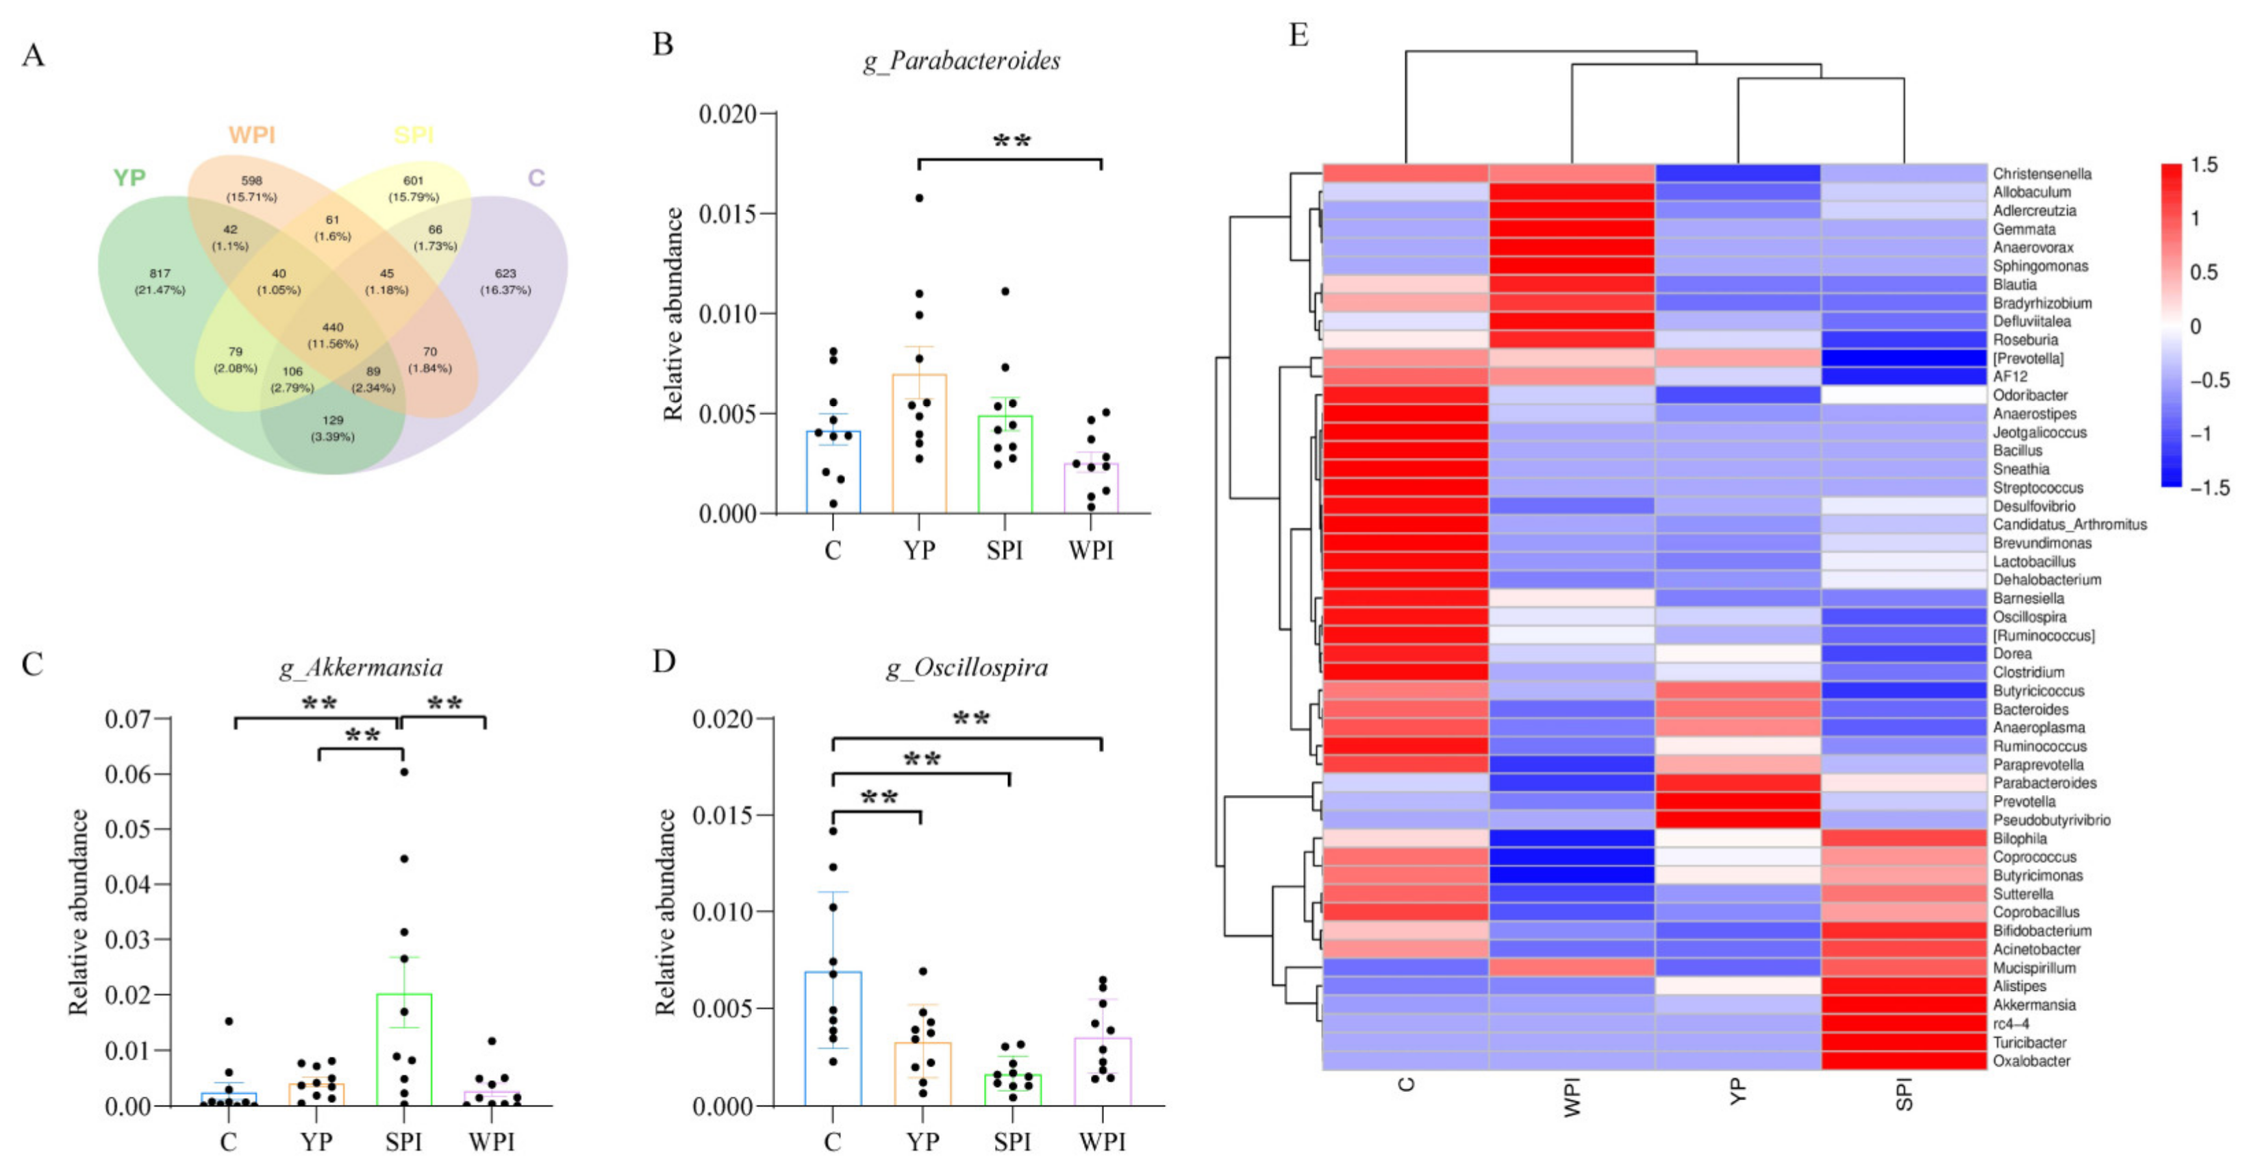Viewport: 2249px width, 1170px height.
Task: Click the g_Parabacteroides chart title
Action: pos(962,60)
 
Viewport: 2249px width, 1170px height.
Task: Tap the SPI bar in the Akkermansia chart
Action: pos(403,1049)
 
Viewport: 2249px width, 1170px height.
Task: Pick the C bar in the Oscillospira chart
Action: pos(833,1038)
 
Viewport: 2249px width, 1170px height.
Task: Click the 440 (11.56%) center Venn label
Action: pos(333,335)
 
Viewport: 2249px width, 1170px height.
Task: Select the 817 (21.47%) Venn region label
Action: pos(160,281)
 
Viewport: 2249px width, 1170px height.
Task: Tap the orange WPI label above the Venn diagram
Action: pos(251,134)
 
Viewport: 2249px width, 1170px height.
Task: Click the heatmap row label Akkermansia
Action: pos(2034,1004)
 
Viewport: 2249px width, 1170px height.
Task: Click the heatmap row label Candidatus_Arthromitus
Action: pos(2069,524)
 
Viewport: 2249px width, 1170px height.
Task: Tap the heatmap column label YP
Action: pos(1737,1091)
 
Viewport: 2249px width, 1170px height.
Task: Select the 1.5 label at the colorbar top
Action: pos(2204,165)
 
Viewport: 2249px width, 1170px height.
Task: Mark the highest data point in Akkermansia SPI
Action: pos(403,772)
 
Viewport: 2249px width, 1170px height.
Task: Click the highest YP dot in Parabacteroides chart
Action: pos(918,198)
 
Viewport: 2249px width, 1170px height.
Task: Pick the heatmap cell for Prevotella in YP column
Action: pos(1737,801)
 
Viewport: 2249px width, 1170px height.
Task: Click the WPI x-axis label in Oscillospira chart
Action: pos(1102,1141)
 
